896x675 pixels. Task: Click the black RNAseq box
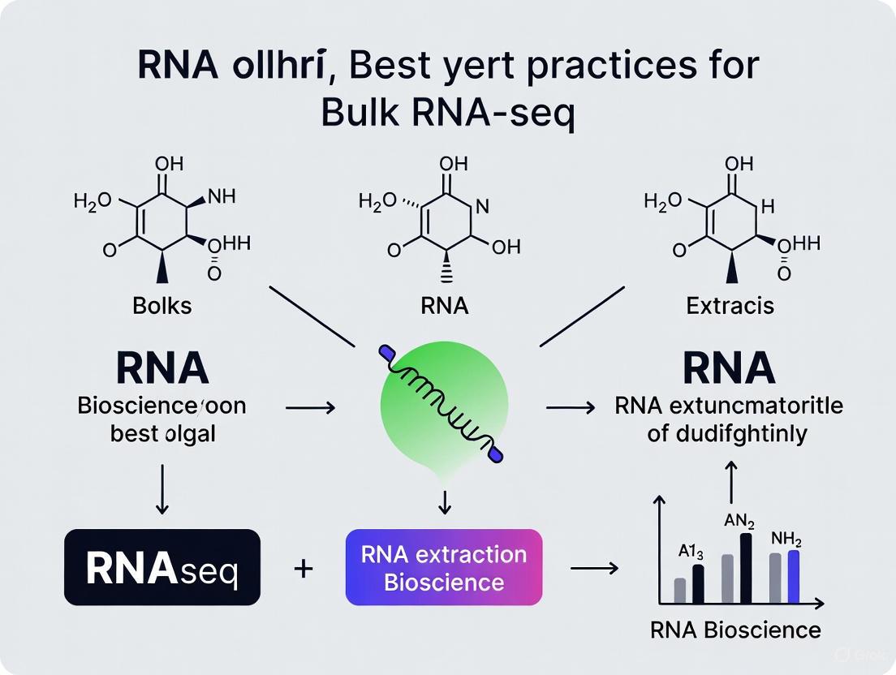pos(162,567)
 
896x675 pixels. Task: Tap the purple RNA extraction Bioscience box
pos(444,567)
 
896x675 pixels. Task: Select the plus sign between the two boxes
pos(304,568)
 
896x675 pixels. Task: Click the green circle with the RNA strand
pos(444,403)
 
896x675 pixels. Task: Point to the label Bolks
pos(162,307)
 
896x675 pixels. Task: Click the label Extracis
pos(730,307)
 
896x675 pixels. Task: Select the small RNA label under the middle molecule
pos(444,307)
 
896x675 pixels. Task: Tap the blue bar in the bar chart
pos(794,576)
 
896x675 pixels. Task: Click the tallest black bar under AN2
pos(746,568)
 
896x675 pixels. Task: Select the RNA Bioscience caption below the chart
pos(735,630)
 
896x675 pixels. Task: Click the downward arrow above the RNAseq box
pos(162,488)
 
